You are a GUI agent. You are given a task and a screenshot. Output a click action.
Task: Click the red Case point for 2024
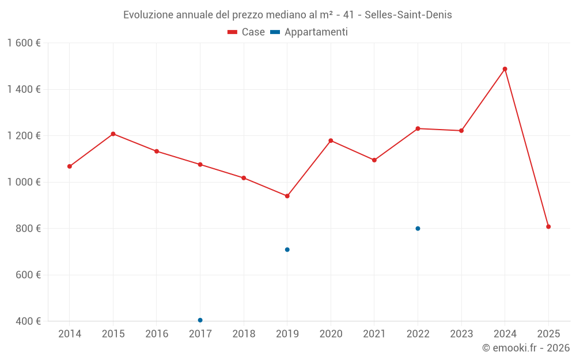(505, 69)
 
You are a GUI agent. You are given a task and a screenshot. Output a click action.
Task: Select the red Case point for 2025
(548, 227)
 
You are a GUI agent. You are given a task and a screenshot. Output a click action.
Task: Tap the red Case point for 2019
(287, 196)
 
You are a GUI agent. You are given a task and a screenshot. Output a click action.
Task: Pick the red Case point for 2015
(113, 134)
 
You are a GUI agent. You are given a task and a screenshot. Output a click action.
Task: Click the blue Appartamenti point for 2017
(200, 320)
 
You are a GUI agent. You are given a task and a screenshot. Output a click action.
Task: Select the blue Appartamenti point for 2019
(287, 249)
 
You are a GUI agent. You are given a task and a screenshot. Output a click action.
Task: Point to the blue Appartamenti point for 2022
(418, 229)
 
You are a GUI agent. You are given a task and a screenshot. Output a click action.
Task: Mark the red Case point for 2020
(331, 141)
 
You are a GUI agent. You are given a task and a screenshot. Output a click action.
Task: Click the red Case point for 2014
(70, 166)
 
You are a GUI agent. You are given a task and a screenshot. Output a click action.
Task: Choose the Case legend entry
(247, 32)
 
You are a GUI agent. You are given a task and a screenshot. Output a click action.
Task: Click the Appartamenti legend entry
(309, 32)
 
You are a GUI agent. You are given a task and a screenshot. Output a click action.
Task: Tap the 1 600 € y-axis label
(24, 43)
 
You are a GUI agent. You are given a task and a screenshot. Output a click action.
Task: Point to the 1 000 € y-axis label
(24, 182)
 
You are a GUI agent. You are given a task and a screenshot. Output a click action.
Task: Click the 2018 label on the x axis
(244, 334)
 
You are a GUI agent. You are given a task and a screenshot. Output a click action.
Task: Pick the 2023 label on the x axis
(461, 334)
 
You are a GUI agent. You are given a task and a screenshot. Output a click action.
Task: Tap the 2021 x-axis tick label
(374, 334)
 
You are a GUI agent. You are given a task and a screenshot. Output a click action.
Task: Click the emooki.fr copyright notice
(525, 348)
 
